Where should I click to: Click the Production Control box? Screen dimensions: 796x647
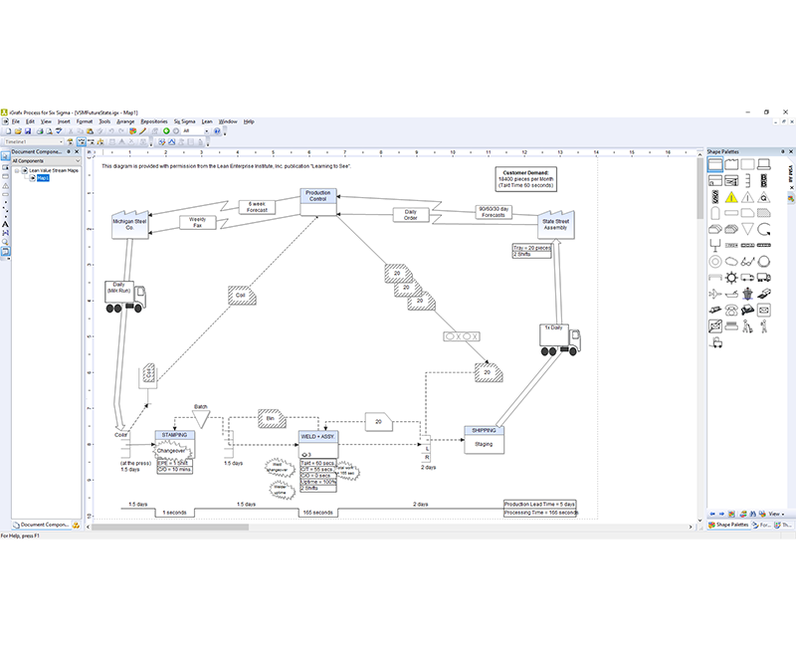point(317,197)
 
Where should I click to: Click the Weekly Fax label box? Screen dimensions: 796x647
point(197,223)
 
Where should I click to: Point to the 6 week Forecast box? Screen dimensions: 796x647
point(257,206)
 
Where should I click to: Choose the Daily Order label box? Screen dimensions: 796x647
point(410,214)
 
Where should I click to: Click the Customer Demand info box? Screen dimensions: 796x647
point(528,179)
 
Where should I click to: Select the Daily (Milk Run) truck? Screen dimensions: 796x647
point(125,296)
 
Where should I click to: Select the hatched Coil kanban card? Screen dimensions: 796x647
point(241,296)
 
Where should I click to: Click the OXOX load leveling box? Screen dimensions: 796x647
point(461,336)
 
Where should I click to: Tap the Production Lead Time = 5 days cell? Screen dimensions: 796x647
point(539,505)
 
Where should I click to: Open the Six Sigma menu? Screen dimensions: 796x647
point(183,121)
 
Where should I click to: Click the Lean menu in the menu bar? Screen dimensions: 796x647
point(207,121)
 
